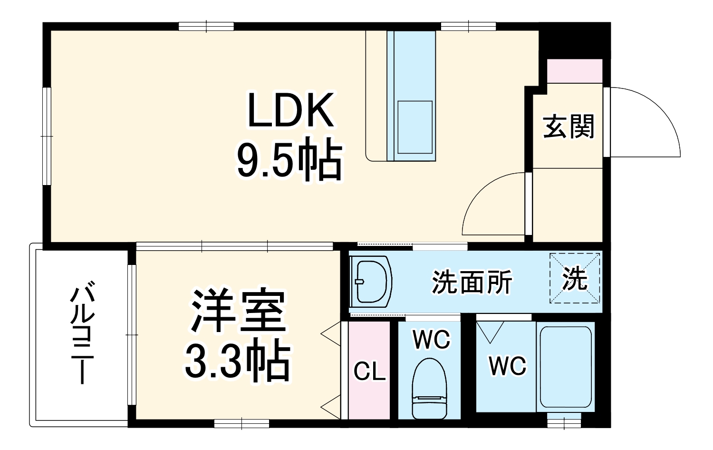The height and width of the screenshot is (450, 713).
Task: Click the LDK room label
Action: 290,110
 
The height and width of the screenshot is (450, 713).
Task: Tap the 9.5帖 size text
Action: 289,159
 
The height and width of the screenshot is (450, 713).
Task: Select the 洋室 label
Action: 238,312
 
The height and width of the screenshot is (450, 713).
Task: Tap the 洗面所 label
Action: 472,283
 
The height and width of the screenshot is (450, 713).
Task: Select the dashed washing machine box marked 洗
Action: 575,279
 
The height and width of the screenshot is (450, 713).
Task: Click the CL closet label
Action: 369,372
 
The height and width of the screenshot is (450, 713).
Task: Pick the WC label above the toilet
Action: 431,340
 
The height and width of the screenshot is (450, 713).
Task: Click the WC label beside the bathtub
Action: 508,366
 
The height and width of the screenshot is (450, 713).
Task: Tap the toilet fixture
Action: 430,388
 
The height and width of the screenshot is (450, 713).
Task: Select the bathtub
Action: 566,366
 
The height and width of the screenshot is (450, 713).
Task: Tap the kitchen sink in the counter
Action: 414,127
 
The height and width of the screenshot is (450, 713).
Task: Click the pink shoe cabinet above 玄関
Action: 574,71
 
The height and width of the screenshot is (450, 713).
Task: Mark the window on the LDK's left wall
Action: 46,136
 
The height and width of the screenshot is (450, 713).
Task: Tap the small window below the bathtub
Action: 564,421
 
